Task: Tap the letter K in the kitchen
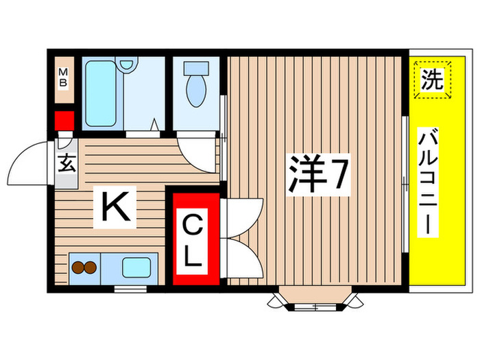click(117, 206)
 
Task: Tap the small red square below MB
click(64, 121)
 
